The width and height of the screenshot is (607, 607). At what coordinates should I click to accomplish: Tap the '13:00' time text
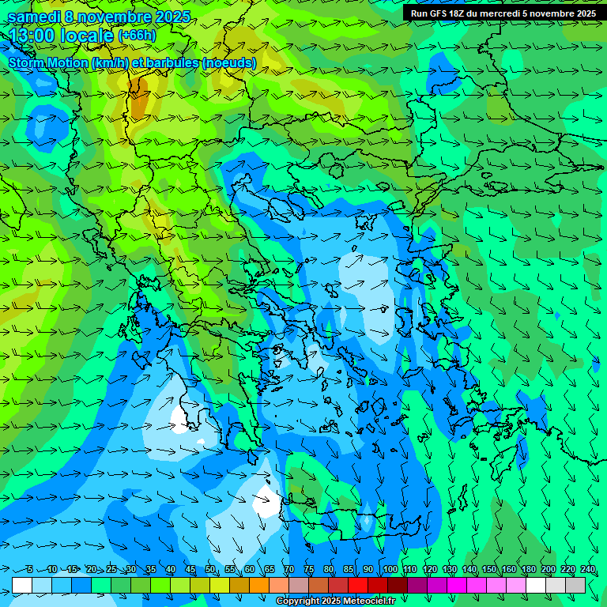[x=32, y=36]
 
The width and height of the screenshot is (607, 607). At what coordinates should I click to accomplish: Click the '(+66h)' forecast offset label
[x=137, y=36]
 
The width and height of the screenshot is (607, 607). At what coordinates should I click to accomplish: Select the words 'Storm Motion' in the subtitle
[x=49, y=62]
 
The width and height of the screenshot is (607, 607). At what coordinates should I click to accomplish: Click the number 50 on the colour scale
[x=210, y=570]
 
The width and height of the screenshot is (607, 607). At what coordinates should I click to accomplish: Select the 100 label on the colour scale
[x=390, y=570]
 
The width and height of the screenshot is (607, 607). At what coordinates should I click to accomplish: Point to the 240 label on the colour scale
[x=588, y=570]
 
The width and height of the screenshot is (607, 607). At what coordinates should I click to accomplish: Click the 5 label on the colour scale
[x=30, y=570]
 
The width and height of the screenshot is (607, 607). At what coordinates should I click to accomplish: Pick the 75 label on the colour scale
[x=309, y=570]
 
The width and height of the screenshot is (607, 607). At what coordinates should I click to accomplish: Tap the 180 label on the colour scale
[x=529, y=570]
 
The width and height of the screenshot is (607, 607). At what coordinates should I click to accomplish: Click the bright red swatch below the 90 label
[x=357, y=585]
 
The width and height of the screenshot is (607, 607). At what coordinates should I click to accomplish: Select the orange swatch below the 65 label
[x=259, y=585]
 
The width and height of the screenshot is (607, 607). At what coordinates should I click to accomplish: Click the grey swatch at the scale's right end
[x=575, y=585]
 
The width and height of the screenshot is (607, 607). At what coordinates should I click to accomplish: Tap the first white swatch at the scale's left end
[x=22, y=585]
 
